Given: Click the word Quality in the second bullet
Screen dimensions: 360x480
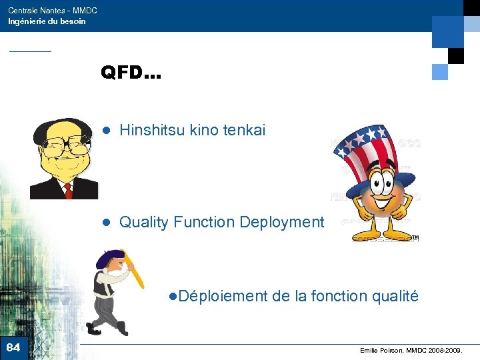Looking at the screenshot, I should point(144,222).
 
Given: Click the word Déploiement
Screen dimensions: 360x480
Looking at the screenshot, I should point(223,295).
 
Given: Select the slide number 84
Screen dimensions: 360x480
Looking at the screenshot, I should point(13,347).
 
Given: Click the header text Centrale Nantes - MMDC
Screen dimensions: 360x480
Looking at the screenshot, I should point(52,11).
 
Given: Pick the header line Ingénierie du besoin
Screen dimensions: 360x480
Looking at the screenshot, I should point(47,21).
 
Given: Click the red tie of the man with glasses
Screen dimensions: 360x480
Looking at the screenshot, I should point(67,191).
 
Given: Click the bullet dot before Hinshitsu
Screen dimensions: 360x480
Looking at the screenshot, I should point(105,131).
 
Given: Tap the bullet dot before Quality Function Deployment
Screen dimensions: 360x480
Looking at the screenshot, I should point(105,223).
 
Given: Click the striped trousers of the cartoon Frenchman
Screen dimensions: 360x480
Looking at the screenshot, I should point(107,310).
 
